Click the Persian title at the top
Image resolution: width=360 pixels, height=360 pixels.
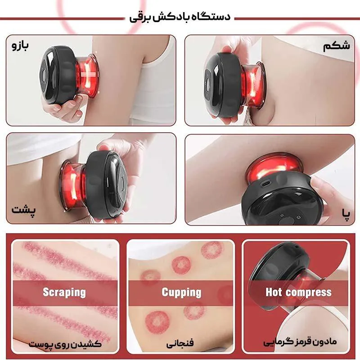tap(180, 18)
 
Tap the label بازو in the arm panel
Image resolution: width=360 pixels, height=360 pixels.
tap(20, 45)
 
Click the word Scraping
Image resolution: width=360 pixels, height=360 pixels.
tap(64, 292)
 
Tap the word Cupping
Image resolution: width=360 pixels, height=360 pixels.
tap(181, 292)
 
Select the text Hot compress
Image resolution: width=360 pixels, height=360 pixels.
tap(299, 292)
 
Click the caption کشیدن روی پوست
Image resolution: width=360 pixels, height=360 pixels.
tap(65, 344)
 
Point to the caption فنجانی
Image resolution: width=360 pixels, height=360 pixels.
tap(180, 343)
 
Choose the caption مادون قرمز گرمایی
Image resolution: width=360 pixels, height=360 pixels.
tap(300, 342)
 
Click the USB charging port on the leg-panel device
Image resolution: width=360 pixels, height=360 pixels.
tap(266, 184)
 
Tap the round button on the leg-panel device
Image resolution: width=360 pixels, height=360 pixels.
tap(286, 221)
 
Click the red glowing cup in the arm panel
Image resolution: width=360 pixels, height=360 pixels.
tap(87, 76)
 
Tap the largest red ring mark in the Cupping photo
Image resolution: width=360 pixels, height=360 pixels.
tap(157, 322)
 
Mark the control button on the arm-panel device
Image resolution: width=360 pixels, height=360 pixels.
tap(44, 75)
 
